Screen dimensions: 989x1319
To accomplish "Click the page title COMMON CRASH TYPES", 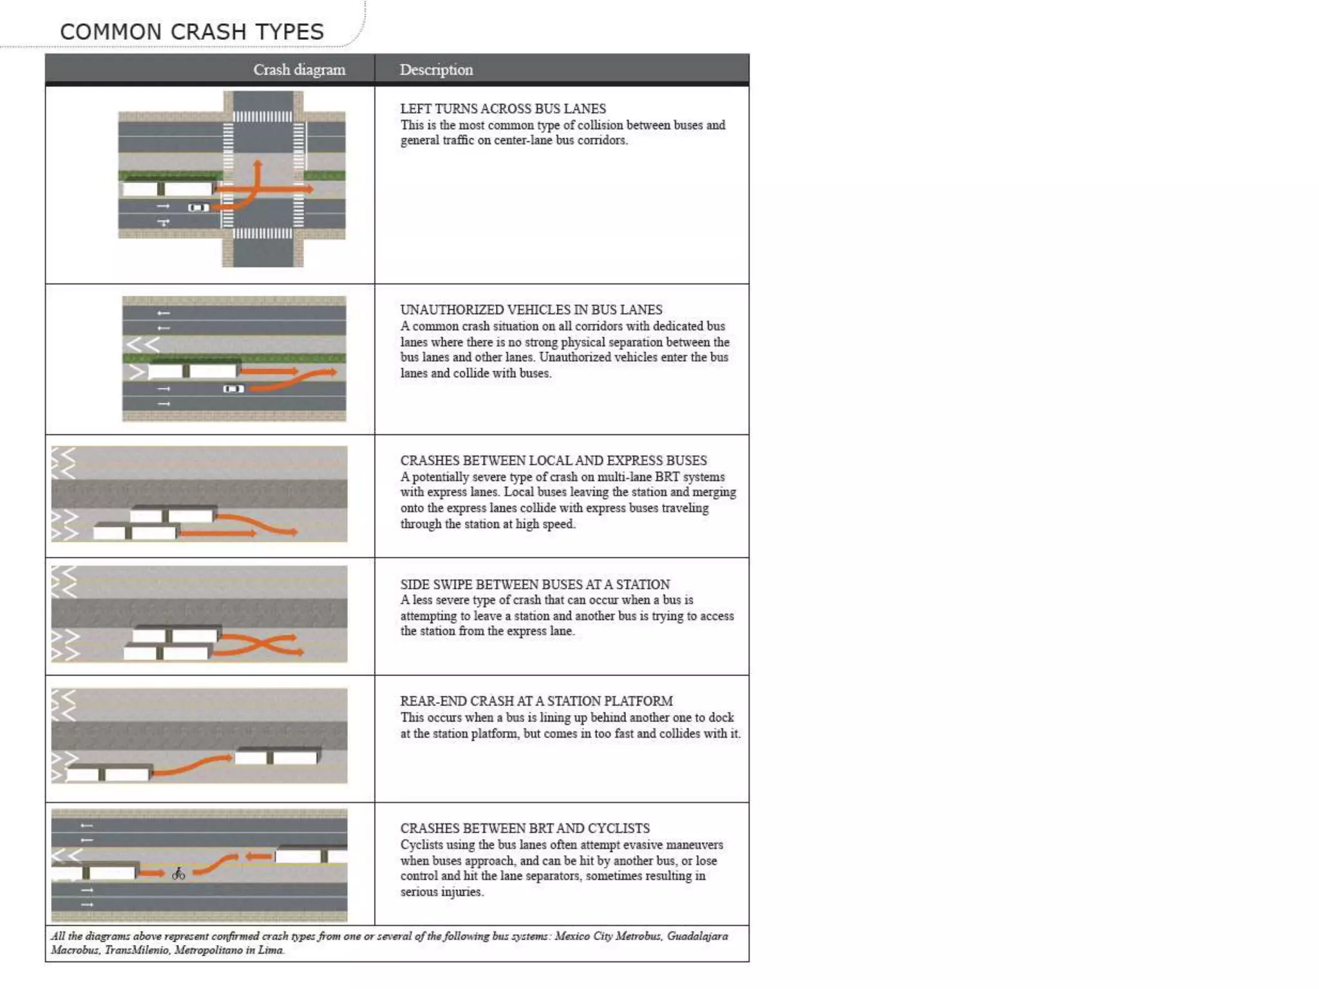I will pos(191,32).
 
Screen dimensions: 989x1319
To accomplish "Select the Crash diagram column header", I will pos(299,70).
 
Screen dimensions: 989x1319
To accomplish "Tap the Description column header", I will pos(436,70).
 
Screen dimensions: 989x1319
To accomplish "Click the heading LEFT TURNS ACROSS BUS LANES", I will pos(502,109).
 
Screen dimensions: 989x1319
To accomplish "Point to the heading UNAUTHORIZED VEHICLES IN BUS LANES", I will pos(531,310).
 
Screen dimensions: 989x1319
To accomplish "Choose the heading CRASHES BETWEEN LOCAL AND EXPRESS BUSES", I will pos(553,460).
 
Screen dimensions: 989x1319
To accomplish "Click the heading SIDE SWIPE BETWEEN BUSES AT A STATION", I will pos(535,584).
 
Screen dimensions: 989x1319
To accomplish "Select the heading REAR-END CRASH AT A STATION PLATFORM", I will pos(536,701).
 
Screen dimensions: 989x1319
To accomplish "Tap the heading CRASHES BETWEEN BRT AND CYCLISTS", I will pos(524,828).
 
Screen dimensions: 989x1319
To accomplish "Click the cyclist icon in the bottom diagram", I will pos(178,874).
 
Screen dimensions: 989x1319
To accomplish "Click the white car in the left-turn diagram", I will pos(198,207).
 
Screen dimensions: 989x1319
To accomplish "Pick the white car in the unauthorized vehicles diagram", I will pos(233,389).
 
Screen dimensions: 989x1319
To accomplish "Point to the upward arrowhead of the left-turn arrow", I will pos(258,164).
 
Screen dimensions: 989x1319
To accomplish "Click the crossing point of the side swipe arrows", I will pos(258,644).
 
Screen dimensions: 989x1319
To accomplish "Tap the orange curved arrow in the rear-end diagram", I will pos(193,766).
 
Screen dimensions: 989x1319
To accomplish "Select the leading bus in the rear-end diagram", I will pos(278,756).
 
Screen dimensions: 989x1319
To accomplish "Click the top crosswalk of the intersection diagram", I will pos(262,117).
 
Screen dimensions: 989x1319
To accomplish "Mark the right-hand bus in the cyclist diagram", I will pos(309,856).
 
